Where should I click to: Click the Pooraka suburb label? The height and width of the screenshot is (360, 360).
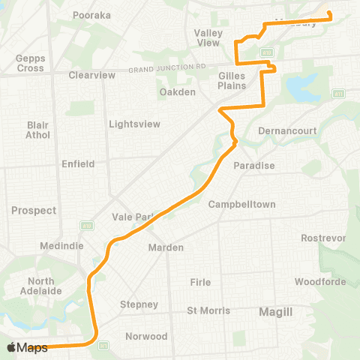[x=92, y=14]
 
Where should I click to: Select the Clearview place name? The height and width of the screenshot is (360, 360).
[x=91, y=75]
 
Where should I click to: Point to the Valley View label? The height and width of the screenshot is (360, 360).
[x=208, y=37]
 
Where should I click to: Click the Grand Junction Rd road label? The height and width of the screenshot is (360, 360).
[x=166, y=67]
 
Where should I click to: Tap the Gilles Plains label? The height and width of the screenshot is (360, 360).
[x=232, y=81]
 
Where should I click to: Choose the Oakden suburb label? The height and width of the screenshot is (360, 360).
[x=178, y=92]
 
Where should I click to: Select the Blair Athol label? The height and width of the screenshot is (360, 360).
[x=37, y=130]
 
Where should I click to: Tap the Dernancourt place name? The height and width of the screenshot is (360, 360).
[x=287, y=130]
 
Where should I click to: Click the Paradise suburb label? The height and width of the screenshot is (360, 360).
[x=254, y=165]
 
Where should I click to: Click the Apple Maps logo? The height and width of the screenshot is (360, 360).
[x=27, y=347]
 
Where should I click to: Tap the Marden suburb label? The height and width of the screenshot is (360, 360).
[x=166, y=247]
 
